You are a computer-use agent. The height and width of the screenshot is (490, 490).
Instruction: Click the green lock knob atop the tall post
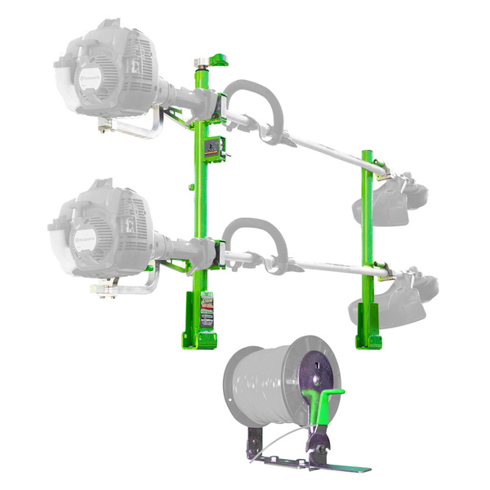pos(218,60)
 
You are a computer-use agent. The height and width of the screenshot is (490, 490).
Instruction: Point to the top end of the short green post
pos(367,154)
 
